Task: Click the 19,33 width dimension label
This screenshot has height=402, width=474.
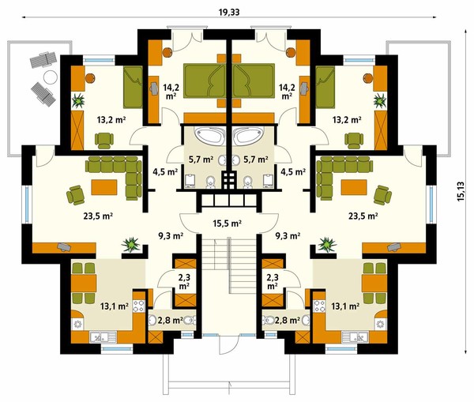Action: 229,12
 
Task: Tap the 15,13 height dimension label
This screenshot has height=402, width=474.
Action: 461,191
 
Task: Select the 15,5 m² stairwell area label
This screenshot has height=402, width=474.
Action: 227,224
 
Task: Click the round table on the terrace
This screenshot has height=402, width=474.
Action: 51,77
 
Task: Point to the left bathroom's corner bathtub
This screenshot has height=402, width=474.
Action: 209,136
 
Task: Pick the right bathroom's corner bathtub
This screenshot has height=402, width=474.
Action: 249,136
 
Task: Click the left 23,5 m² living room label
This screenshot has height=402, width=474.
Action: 98,216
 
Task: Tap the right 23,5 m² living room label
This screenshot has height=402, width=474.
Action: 363,216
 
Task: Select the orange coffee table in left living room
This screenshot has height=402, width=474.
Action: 104,187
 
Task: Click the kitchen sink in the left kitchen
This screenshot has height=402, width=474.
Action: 103,336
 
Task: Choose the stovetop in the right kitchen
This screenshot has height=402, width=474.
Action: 318,306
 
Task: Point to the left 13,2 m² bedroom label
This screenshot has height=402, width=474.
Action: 111,120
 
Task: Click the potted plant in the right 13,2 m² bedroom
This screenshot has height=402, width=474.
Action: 380,100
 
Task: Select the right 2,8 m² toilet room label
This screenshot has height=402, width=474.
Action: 288,320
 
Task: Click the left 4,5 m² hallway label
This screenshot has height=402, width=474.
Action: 165,172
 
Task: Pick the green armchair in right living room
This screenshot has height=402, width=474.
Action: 382,195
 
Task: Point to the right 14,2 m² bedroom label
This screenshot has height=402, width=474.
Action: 287,92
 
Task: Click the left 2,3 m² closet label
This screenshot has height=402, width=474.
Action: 184,281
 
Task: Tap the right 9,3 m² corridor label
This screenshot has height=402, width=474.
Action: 288,235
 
